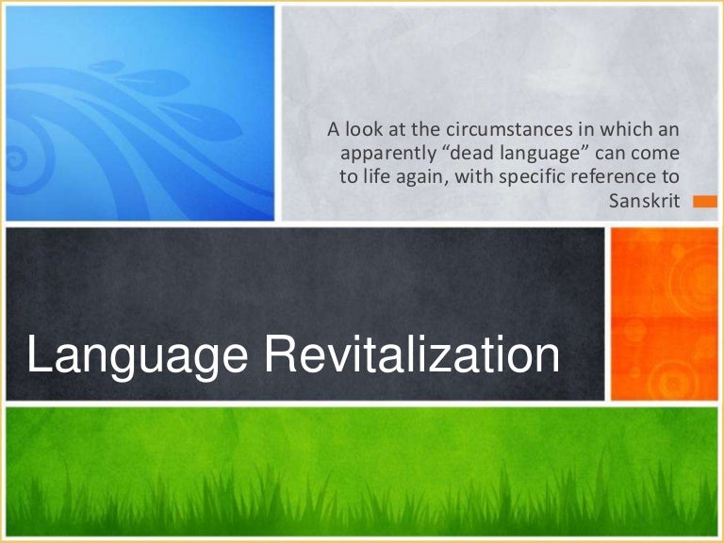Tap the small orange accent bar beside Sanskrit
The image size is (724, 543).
tap(704, 201)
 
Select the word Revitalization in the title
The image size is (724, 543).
tap(413, 357)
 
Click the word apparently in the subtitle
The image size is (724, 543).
tap(373, 153)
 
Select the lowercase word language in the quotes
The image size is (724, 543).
tap(522, 154)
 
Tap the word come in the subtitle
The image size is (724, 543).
tap(658, 153)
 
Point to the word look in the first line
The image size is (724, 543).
tap(358, 129)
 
